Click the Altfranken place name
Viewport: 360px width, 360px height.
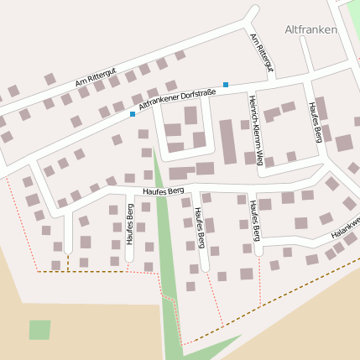click(x=310, y=29)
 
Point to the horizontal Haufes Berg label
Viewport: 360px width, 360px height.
click(x=163, y=191)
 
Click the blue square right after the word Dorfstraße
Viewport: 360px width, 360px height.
click(x=225, y=84)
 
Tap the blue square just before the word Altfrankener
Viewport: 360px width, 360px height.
click(x=132, y=114)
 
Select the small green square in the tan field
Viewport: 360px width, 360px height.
click(x=39, y=330)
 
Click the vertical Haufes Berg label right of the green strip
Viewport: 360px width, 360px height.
click(x=200, y=227)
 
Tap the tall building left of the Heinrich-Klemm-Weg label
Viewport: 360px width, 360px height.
click(x=227, y=141)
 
